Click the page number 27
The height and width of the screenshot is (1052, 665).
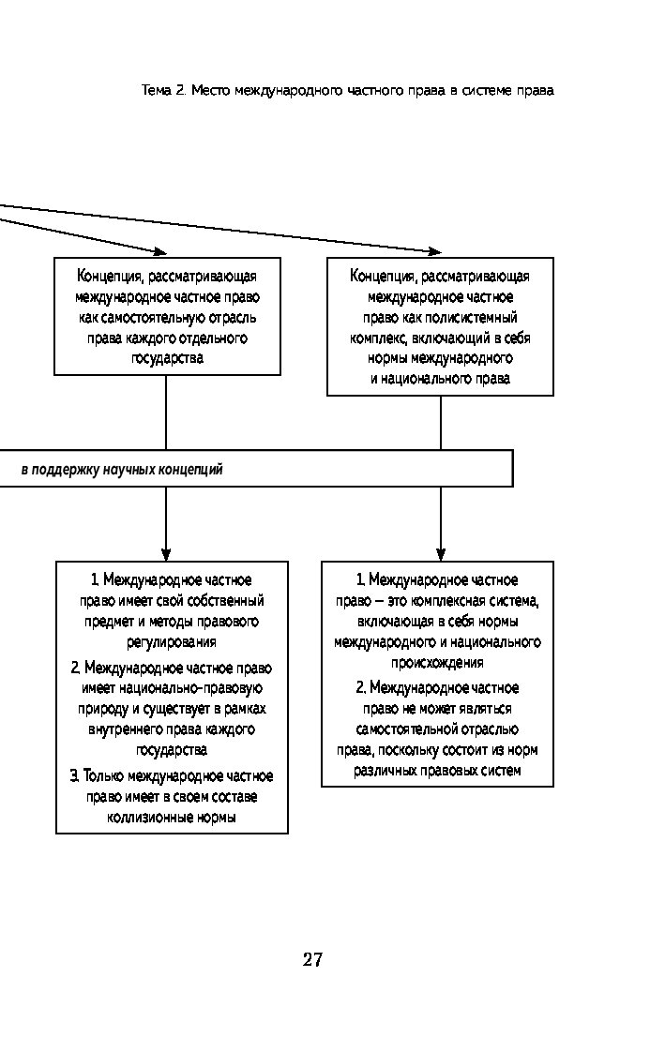(x=312, y=959)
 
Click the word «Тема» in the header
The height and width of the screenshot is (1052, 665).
(x=157, y=91)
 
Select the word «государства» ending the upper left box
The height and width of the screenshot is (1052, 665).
(x=167, y=357)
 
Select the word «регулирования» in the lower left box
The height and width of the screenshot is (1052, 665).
(x=172, y=642)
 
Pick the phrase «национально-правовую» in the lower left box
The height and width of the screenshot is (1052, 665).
(x=172, y=688)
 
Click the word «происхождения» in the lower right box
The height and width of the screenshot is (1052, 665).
(x=437, y=663)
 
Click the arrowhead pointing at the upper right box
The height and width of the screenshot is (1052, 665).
(x=435, y=252)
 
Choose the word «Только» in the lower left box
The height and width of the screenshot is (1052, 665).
(x=103, y=776)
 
